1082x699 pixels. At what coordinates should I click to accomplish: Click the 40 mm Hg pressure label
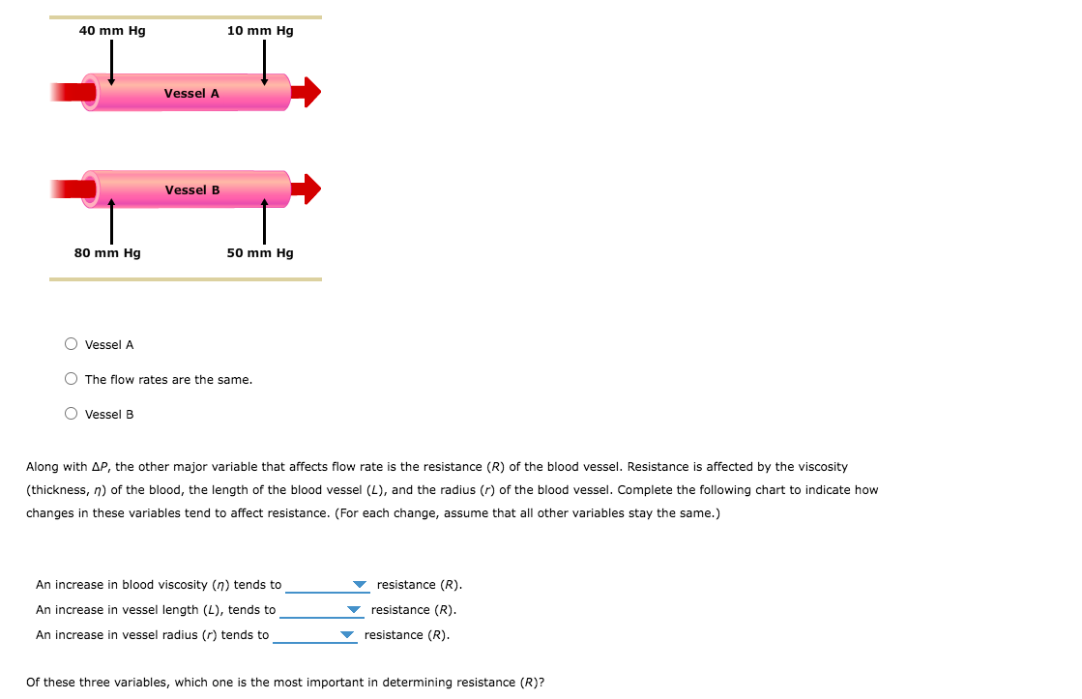112,31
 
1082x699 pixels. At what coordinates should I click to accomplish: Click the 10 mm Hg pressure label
260,31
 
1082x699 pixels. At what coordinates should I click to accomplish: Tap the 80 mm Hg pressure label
107,253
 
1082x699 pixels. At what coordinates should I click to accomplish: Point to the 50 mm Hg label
260,253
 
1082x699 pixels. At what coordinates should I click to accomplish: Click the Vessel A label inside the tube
191,94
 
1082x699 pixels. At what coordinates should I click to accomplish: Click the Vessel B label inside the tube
192,190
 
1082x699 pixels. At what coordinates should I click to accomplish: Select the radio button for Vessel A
72,344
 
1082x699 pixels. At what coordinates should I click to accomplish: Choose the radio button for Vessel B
72,414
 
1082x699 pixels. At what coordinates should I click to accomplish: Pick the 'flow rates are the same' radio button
72,379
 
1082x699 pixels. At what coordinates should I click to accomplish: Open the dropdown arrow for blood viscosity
360,585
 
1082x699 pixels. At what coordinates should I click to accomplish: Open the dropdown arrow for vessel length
354,610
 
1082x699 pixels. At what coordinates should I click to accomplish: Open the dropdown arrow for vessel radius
347,635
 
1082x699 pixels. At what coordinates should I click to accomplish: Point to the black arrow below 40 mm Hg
111,62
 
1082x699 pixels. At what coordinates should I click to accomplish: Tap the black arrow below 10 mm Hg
264,62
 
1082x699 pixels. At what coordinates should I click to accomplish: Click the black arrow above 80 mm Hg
111,221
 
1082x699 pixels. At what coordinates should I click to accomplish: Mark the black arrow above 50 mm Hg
264,221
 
